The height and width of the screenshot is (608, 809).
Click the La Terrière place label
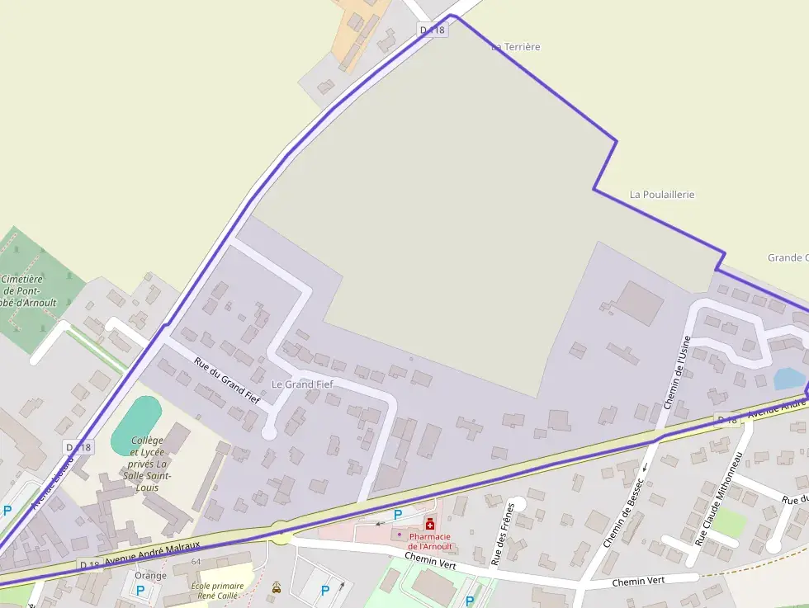[515, 47]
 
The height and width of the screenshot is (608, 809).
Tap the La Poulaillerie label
[662, 195]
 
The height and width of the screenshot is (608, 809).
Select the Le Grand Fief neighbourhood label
[302, 384]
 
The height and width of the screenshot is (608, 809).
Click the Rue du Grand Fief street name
[227, 379]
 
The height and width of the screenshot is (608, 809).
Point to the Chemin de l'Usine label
[677, 372]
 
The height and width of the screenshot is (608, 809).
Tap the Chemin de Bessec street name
[622, 512]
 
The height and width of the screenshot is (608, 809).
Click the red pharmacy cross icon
[430, 524]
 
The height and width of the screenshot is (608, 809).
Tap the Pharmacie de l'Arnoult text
[430, 541]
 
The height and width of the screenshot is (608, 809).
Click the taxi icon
[276, 588]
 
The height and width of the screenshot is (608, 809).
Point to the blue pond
[788, 379]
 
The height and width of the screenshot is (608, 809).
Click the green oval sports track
[135, 424]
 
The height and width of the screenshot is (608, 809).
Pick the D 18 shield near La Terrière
[432, 30]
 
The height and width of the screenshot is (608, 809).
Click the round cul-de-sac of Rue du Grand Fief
[268, 431]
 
